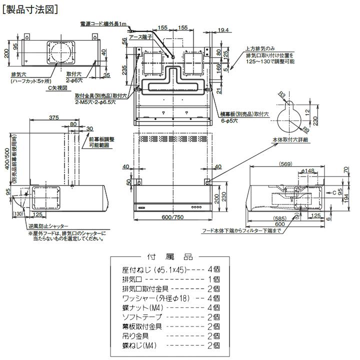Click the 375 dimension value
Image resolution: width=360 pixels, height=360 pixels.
click(54, 117)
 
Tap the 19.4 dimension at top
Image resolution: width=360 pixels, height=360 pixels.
click(223, 30)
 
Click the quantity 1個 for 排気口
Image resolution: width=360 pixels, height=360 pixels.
click(213, 279)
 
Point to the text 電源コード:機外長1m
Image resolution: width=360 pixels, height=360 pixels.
click(103, 23)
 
